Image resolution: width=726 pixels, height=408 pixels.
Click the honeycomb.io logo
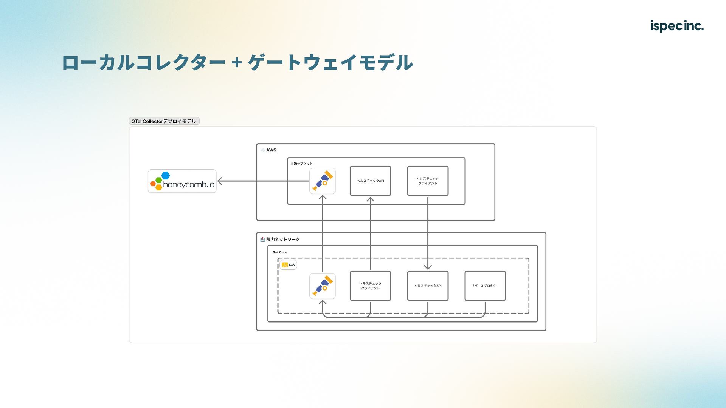coord(182,181)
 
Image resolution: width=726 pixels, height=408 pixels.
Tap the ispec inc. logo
coord(676,26)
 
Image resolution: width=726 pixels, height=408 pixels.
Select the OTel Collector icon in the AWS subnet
coord(323,181)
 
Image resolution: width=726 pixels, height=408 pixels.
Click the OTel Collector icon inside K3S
coord(323,286)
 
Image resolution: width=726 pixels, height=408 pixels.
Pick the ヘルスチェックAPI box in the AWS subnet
coord(370,181)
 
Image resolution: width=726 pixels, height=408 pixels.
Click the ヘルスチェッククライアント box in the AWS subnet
coord(428,181)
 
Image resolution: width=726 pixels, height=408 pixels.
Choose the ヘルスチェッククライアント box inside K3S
coord(370,286)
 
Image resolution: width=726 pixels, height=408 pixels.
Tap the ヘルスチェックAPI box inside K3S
coord(428,286)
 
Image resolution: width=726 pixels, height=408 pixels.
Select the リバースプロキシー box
coord(485,286)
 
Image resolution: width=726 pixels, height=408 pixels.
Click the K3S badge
coord(288,265)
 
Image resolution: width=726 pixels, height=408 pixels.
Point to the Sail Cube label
coord(280,252)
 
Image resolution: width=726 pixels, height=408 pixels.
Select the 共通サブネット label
coord(301,164)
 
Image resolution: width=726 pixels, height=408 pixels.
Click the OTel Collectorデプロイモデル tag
coord(164,121)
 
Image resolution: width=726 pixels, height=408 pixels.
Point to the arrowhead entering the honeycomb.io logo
coord(220,181)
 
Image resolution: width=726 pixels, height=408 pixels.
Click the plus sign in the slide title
coord(237,63)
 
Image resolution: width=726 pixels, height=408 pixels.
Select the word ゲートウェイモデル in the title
coord(330,63)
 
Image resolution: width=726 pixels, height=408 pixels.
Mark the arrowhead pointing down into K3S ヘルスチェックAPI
coord(428,267)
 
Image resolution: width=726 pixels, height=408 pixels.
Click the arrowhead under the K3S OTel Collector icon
coord(323,303)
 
